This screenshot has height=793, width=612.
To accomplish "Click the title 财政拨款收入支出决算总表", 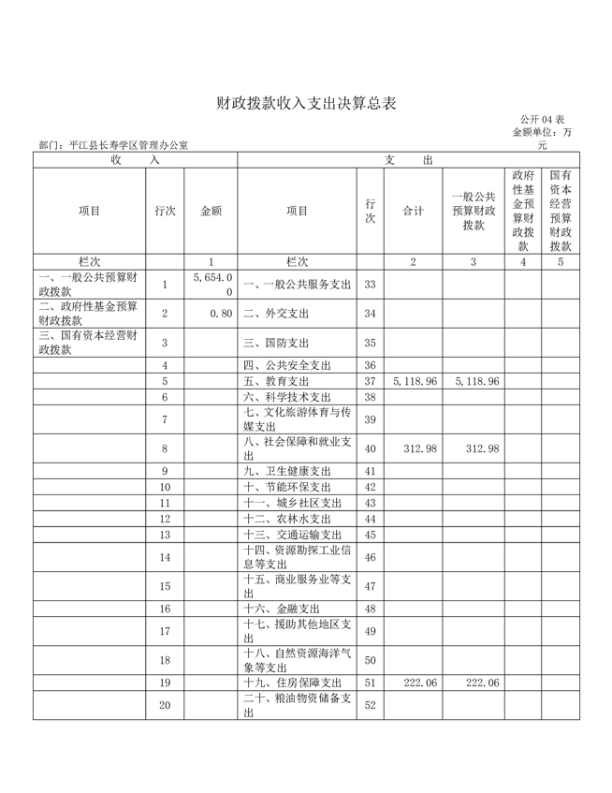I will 306,103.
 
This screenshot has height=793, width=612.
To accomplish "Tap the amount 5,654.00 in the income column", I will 211,285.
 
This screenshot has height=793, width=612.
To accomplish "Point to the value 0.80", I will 221,313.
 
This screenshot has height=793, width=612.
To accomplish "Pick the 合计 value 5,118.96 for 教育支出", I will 413,382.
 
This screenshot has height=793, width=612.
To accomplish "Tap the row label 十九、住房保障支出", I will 293,683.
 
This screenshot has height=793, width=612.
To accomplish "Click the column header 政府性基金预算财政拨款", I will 523,211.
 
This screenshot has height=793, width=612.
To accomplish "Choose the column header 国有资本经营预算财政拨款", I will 561,211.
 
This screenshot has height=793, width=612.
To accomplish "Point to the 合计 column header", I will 413,211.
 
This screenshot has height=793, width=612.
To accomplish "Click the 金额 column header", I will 211,211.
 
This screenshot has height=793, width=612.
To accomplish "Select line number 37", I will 370,382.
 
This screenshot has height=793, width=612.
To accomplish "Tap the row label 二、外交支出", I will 275,313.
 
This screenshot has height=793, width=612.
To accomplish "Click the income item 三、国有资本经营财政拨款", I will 89,342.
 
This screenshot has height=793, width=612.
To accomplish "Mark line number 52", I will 370,705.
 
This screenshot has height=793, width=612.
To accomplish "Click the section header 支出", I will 408,160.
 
